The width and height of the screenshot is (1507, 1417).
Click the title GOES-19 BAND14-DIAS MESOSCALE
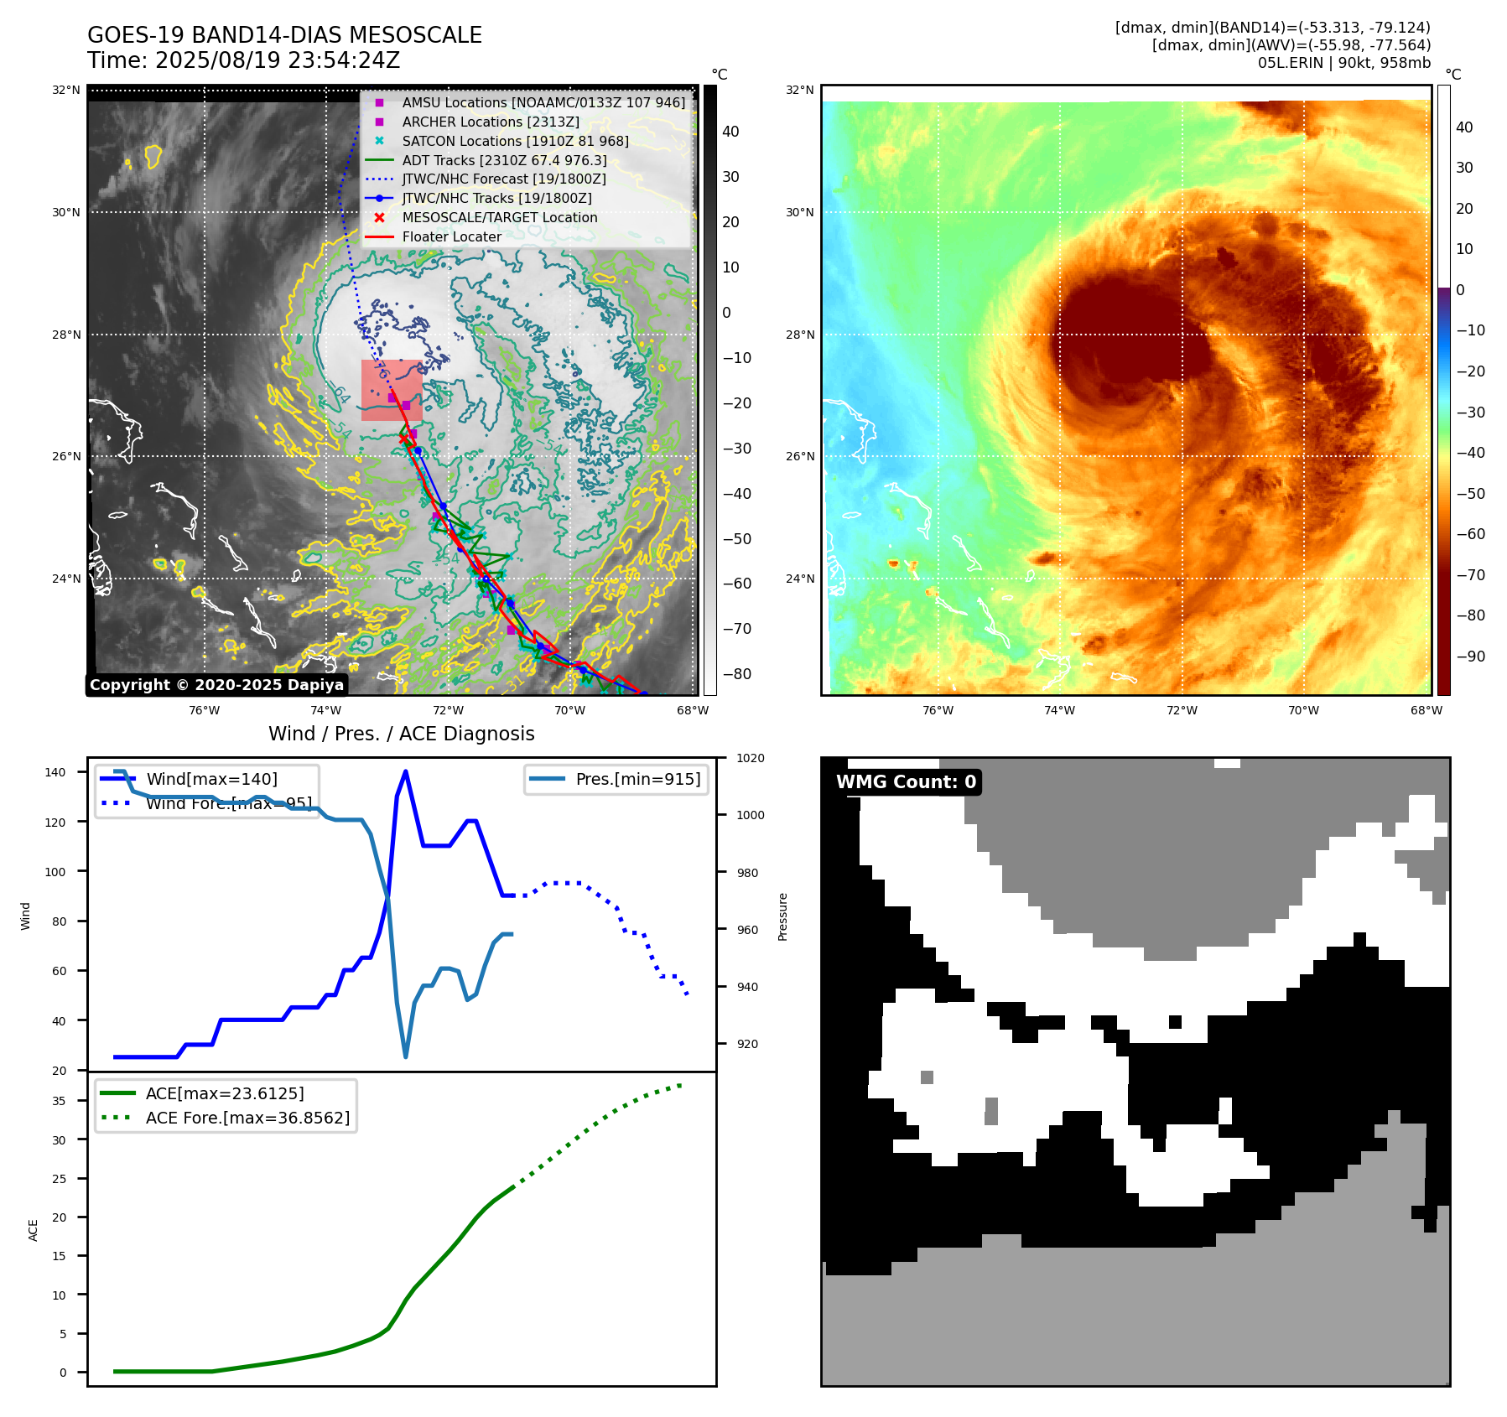click(284, 35)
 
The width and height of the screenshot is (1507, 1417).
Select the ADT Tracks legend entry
click(503, 160)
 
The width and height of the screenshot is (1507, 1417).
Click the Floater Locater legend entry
click(451, 236)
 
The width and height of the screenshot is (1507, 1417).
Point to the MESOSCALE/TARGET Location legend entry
click(499, 217)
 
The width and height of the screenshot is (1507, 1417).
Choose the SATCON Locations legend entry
click(514, 141)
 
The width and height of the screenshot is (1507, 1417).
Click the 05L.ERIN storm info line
click(1343, 63)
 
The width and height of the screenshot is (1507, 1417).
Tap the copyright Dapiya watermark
click(216, 685)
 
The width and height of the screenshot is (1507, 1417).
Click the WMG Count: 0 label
click(906, 782)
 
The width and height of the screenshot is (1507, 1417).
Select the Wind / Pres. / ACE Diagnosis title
click(401, 734)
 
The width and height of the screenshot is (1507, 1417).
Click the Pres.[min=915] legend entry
click(637, 779)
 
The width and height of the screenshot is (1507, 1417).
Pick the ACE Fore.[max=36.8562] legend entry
click(247, 1118)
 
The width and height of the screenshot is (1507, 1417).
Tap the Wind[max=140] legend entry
click(211, 779)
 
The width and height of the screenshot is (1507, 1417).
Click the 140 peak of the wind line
click(406, 771)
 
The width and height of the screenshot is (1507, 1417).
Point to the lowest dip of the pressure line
click(406, 1056)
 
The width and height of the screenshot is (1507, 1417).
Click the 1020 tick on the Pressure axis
click(750, 758)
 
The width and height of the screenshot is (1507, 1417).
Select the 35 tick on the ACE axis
click(59, 1101)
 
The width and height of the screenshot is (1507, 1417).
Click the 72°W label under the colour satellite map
click(1182, 710)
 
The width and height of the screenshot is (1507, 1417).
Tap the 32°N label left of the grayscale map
click(66, 90)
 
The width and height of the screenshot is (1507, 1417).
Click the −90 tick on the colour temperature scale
click(1470, 656)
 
